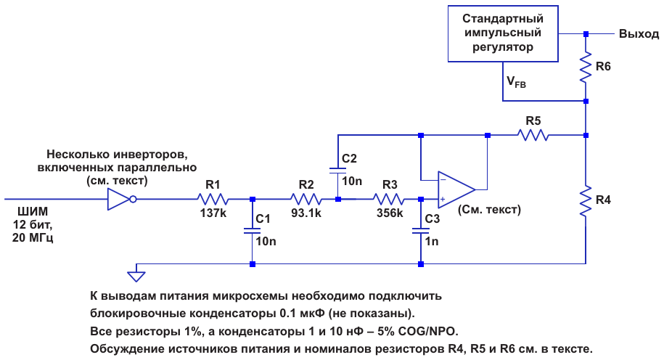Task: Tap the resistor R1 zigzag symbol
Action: point(213,199)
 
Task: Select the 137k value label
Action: point(213,213)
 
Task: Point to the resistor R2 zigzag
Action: point(306,199)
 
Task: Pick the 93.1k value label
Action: point(306,213)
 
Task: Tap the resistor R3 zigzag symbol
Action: point(389,199)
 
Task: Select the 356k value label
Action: point(390,213)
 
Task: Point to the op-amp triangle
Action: point(456,189)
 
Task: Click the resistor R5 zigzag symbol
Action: point(533,136)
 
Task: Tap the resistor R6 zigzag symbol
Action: point(586,67)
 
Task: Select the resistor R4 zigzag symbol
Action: point(586,201)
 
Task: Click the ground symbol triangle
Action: point(136,277)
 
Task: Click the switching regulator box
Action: point(503,33)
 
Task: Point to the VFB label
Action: point(516,81)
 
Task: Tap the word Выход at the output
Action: point(639,34)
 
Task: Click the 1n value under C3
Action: point(432,242)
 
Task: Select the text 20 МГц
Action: point(33,237)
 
